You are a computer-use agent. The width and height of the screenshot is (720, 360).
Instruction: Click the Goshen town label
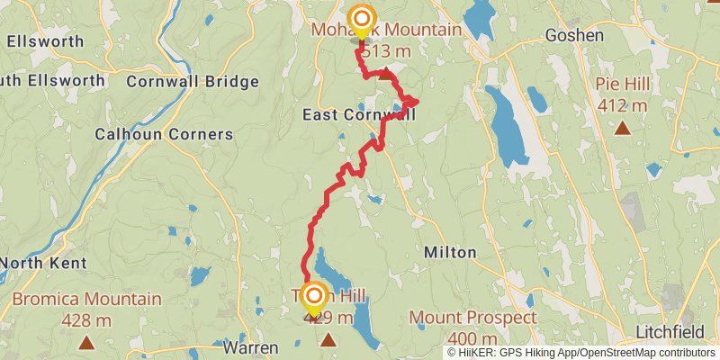[x=574, y=35]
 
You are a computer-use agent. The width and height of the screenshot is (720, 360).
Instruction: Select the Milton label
[x=449, y=253]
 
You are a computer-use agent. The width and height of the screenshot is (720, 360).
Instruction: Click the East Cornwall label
[x=359, y=115]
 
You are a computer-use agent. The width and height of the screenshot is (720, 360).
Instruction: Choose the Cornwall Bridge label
[x=193, y=81]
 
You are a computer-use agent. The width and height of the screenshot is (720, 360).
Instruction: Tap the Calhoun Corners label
[x=164, y=135]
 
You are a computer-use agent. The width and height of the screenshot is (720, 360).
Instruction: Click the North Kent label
[x=42, y=264]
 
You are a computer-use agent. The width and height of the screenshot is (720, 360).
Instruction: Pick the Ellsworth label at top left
[x=44, y=41]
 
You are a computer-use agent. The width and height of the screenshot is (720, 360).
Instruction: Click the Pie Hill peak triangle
[x=622, y=128]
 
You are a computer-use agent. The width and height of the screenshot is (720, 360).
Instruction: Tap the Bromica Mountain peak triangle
[x=86, y=341]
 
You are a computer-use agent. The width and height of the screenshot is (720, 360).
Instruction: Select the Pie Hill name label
[x=621, y=86]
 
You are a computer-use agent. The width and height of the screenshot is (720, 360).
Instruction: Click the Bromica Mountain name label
[x=86, y=300]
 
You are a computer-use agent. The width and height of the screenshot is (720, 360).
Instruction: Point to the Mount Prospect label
[x=472, y=318]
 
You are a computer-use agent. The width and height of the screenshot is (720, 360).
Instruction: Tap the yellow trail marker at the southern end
[x=314, y=297]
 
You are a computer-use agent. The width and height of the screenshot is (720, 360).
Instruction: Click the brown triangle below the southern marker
[x=328, y=339]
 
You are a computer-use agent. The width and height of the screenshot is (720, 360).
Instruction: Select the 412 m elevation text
[x=622, y=106]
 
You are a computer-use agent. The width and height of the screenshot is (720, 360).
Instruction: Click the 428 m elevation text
[x=86, y=319]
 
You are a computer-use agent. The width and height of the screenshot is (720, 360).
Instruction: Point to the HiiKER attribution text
[x=580, y=353]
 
